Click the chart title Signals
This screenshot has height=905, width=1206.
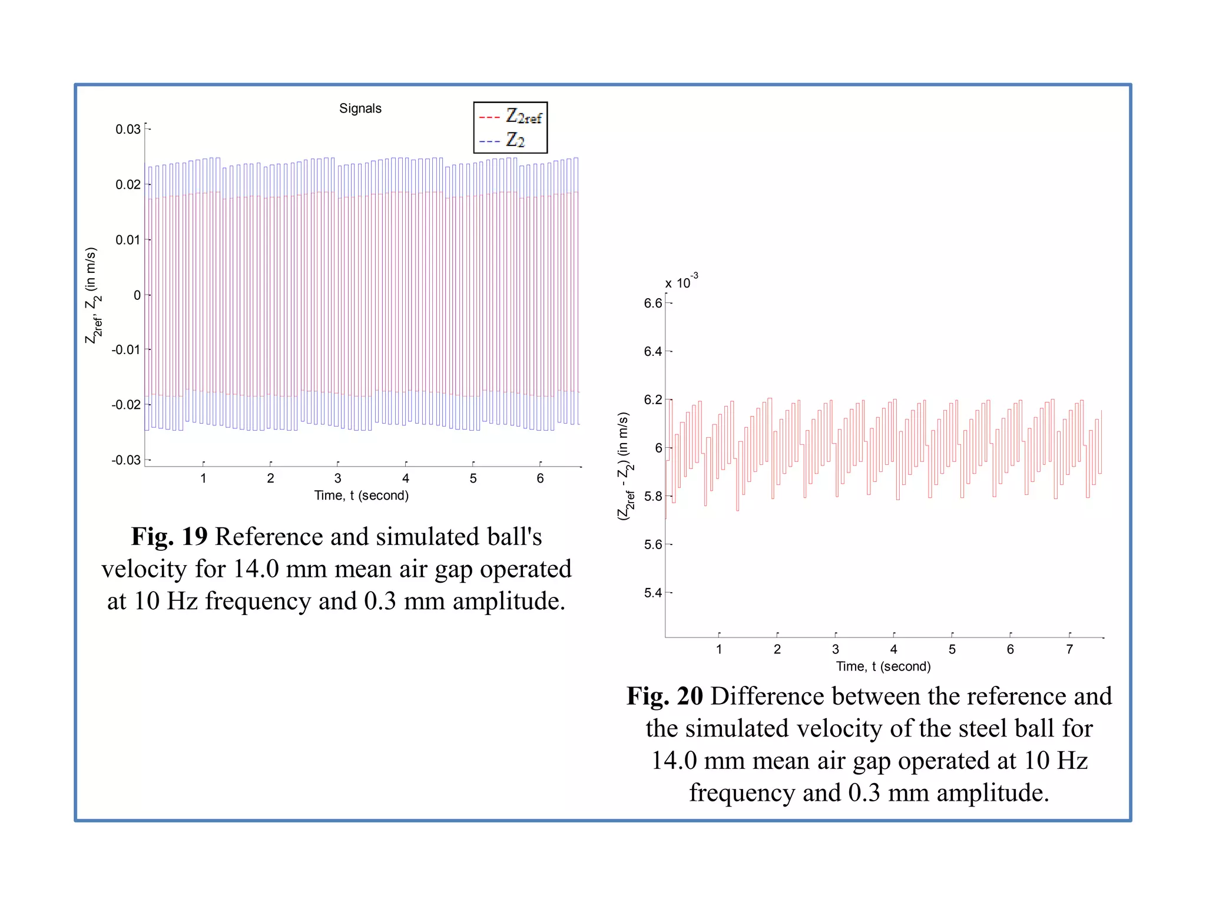360,108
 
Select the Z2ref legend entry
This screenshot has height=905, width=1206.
511,117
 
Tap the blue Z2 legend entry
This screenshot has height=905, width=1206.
502,140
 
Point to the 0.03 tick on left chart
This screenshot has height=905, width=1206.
128,129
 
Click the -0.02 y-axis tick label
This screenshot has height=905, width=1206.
126,405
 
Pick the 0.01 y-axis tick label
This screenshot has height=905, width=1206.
128,240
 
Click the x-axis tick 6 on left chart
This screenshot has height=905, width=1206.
540,478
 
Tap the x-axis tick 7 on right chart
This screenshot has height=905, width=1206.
1069,649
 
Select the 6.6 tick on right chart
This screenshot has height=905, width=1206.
652,303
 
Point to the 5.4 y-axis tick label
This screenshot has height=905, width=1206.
652,593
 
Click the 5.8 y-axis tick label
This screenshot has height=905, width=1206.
652,496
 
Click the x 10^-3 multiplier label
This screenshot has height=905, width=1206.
681,282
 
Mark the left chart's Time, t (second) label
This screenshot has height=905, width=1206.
361,496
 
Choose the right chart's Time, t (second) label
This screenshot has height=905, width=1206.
883,666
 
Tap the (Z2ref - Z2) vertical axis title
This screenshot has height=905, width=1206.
625,465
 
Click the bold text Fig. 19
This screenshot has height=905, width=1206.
169,537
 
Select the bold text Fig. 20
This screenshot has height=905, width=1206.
664,696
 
